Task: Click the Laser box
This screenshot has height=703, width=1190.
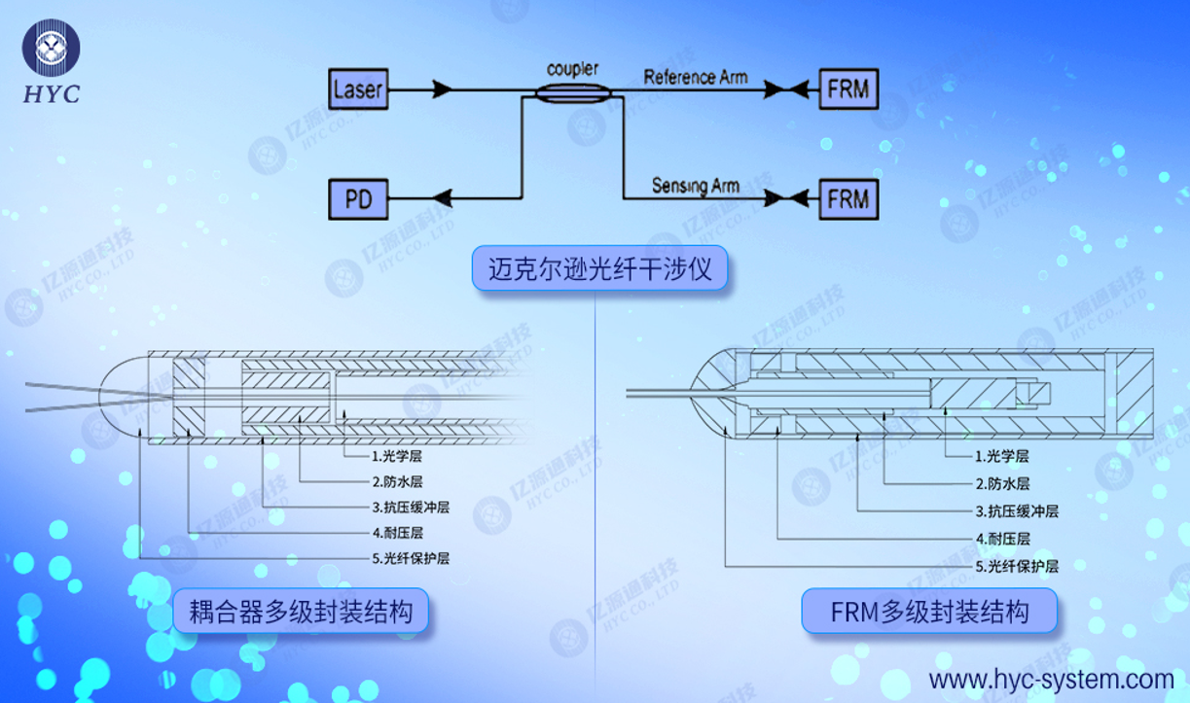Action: [x=358, y=89]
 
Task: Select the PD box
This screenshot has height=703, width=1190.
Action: [x=358, y=199]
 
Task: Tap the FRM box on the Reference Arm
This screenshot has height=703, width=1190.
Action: [x=847, y=89]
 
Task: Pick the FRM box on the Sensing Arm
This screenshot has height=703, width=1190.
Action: [x=847, y=199]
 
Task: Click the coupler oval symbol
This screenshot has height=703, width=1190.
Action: [x=573, y=91]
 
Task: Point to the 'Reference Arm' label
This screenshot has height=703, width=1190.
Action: [x=695, y=77]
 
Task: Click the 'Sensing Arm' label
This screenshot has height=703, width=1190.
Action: [x=695, y=185]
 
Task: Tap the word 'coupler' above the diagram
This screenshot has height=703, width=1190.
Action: [x=572, y=69]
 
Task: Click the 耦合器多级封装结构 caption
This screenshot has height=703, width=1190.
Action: [x=301, y=612]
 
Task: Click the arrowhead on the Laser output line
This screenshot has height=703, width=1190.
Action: [x=442, y=89]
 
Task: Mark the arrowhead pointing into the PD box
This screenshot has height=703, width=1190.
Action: [x=442, y=199]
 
